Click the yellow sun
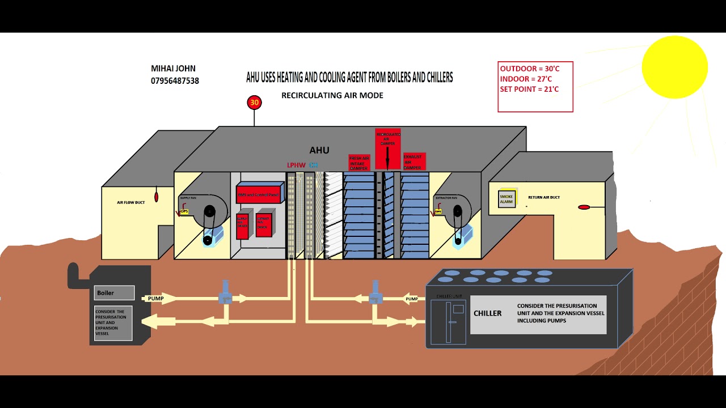tap(675, 67)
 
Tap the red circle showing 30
tap(254, 103)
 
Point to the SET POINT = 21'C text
tap(529, 89)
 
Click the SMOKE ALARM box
tap(506, 199)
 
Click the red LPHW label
tap(296, 165)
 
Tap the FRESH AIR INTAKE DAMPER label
tap(359, 163)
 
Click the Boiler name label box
tap(114, 293)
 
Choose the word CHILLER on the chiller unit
tap(488, 313)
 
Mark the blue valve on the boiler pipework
tap(225, 293)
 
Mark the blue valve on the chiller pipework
tap(374, 293)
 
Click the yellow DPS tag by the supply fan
tap(184, 211)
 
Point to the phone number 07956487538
tap(175, 81)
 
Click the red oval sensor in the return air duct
tap(584, 207)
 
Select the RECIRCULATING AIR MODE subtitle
tap(332, 95)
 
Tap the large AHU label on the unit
tap(319, 150)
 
